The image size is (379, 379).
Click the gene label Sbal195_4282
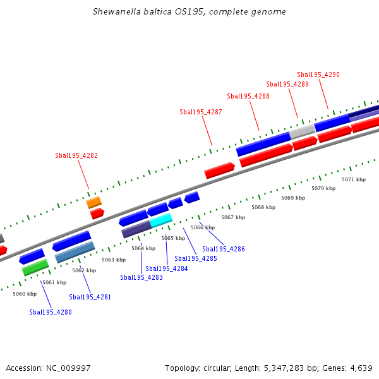(76, 155)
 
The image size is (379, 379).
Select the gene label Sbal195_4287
(201, 112)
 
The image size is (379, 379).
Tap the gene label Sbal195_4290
(318, 75)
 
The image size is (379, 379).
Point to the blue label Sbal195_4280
(51, 311)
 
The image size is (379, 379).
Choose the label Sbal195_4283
(141, 277)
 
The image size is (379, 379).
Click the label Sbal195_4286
(224, 249)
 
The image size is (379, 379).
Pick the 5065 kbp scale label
(173, 238)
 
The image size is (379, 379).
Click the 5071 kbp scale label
(354, 179)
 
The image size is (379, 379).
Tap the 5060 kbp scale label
(25, 294)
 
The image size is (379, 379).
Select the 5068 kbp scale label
(263, 207)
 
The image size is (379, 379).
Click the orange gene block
(93, 202)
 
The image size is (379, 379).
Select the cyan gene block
(160, 220)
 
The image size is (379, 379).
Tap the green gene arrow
(35, 267)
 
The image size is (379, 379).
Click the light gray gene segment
(302, 131)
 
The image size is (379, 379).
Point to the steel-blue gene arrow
(75, 252)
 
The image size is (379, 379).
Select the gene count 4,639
(361, 368)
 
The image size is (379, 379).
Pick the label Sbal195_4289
(287, 84)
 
